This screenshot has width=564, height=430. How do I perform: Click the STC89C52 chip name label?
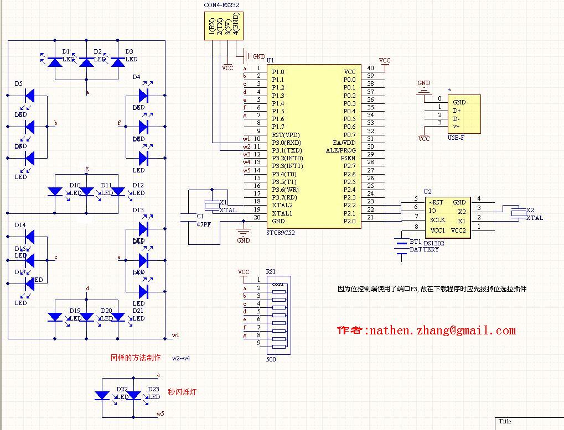pyautogui.click(x=280, y=233)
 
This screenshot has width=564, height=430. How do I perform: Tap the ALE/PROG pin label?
pyautogui.click(x=341, y=150)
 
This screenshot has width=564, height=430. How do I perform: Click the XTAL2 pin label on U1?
pyautogui.click(x=282, y=205)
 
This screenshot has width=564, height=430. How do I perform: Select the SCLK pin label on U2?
pyautogui.click(x=438, y=220)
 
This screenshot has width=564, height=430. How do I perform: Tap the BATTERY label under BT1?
pyautogui.click(x=424, y=250)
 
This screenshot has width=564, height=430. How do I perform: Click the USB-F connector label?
pyautogui.click(x=456, y=138)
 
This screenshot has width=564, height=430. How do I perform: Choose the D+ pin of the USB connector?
pyautogui.click(x=457, y=111)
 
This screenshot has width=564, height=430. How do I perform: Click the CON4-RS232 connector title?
pyautogui.click(x=221, y=5)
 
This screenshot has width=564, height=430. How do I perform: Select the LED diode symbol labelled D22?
pyautogui.click(x=102, y=395)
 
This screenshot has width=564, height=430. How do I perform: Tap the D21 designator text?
pyautogui.click(x=138, y=311)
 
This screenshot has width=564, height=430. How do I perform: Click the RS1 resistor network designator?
pyautogui.click(x=271, y=271)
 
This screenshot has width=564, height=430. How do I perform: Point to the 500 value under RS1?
pyautogui.click(x=271, y=360)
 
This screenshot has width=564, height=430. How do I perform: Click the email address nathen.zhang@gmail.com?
pyautogui.click(x=443, y=331)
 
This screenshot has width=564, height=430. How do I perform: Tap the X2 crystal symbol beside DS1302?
pyautogui.click(x=518, y=212)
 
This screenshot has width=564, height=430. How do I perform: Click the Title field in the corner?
pyautogui.click(x=505, y=422)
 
